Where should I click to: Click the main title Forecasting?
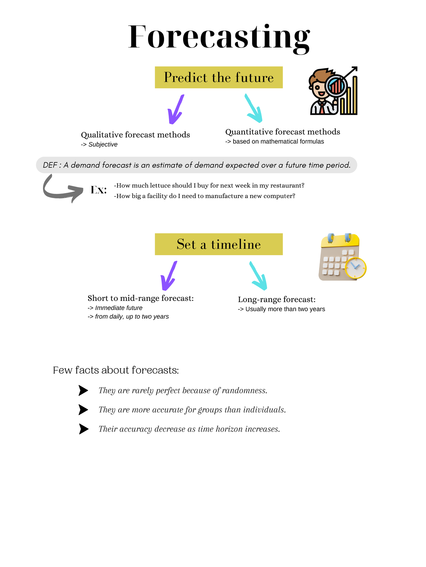click(x=219, y=37)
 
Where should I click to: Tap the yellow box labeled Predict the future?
click(x=219, y=77)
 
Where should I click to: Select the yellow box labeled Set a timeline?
click(x=219, y=244)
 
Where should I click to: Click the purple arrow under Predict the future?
click(x=176, y=109)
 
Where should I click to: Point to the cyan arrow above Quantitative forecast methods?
click(x=254, y=108)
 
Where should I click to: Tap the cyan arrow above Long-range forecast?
click(x=258, y=276)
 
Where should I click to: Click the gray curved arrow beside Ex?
click(x=60, y=191)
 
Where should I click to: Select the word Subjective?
click(x=103, y=145)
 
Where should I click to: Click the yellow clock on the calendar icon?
click(x=356, y=268)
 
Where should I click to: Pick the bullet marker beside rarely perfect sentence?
click(x=83, y=391)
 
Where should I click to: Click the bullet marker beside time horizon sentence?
click(x=83, y=429)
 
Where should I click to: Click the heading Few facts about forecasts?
click(x=116, y=370)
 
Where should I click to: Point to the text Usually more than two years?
click(x=285, y=309)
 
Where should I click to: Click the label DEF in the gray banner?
click(x=50, y=165)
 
